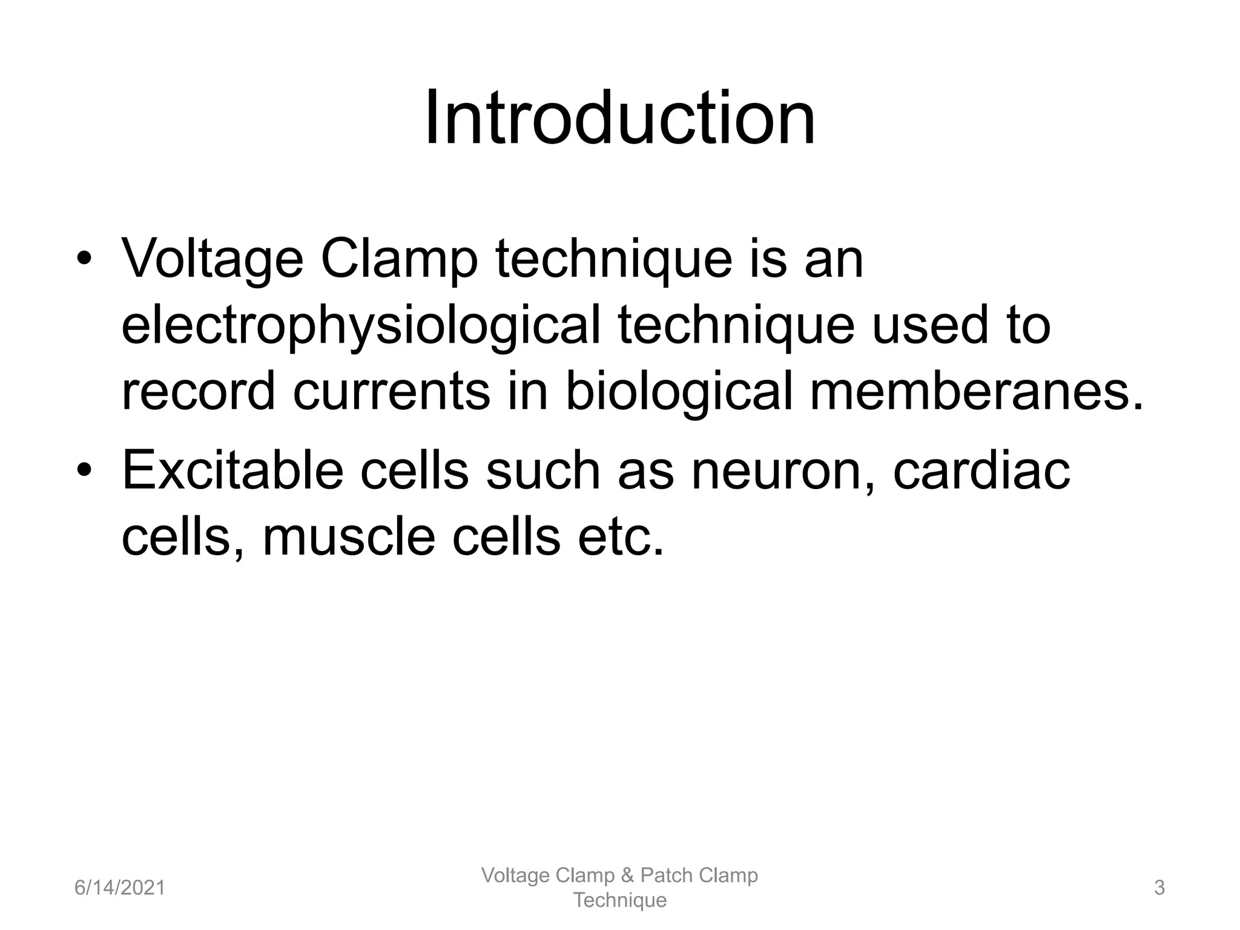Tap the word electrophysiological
pyautogui.click(x=361, y=325)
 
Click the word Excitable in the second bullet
pyautogui.click(x=234, y=470)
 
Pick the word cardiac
pyautogui.click(x=981, y=470)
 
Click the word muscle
pyautogui.click(x=349, y=537)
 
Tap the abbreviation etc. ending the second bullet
pyautogui.click(x=621, y=537)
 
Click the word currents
pyautogui.click(x=391, y=392)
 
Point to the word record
pyautogui.click(x=199, y=392)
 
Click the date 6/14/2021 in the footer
pyautogui.click(x=120, y=888)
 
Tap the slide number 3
pyautogui.click(x=1159, y=888)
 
